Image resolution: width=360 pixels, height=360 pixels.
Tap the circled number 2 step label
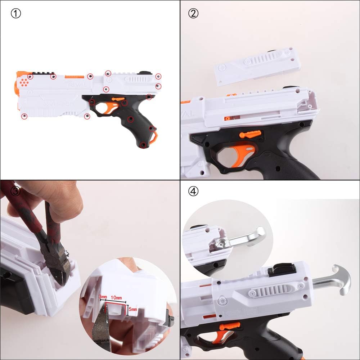coord(194,14)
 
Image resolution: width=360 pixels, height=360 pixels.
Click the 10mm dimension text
coord(116,298)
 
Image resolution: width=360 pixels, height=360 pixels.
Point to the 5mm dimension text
coord(132,309)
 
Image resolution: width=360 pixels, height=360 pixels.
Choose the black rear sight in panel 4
coord(282,269)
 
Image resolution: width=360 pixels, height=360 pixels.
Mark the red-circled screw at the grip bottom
coord(143,145)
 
